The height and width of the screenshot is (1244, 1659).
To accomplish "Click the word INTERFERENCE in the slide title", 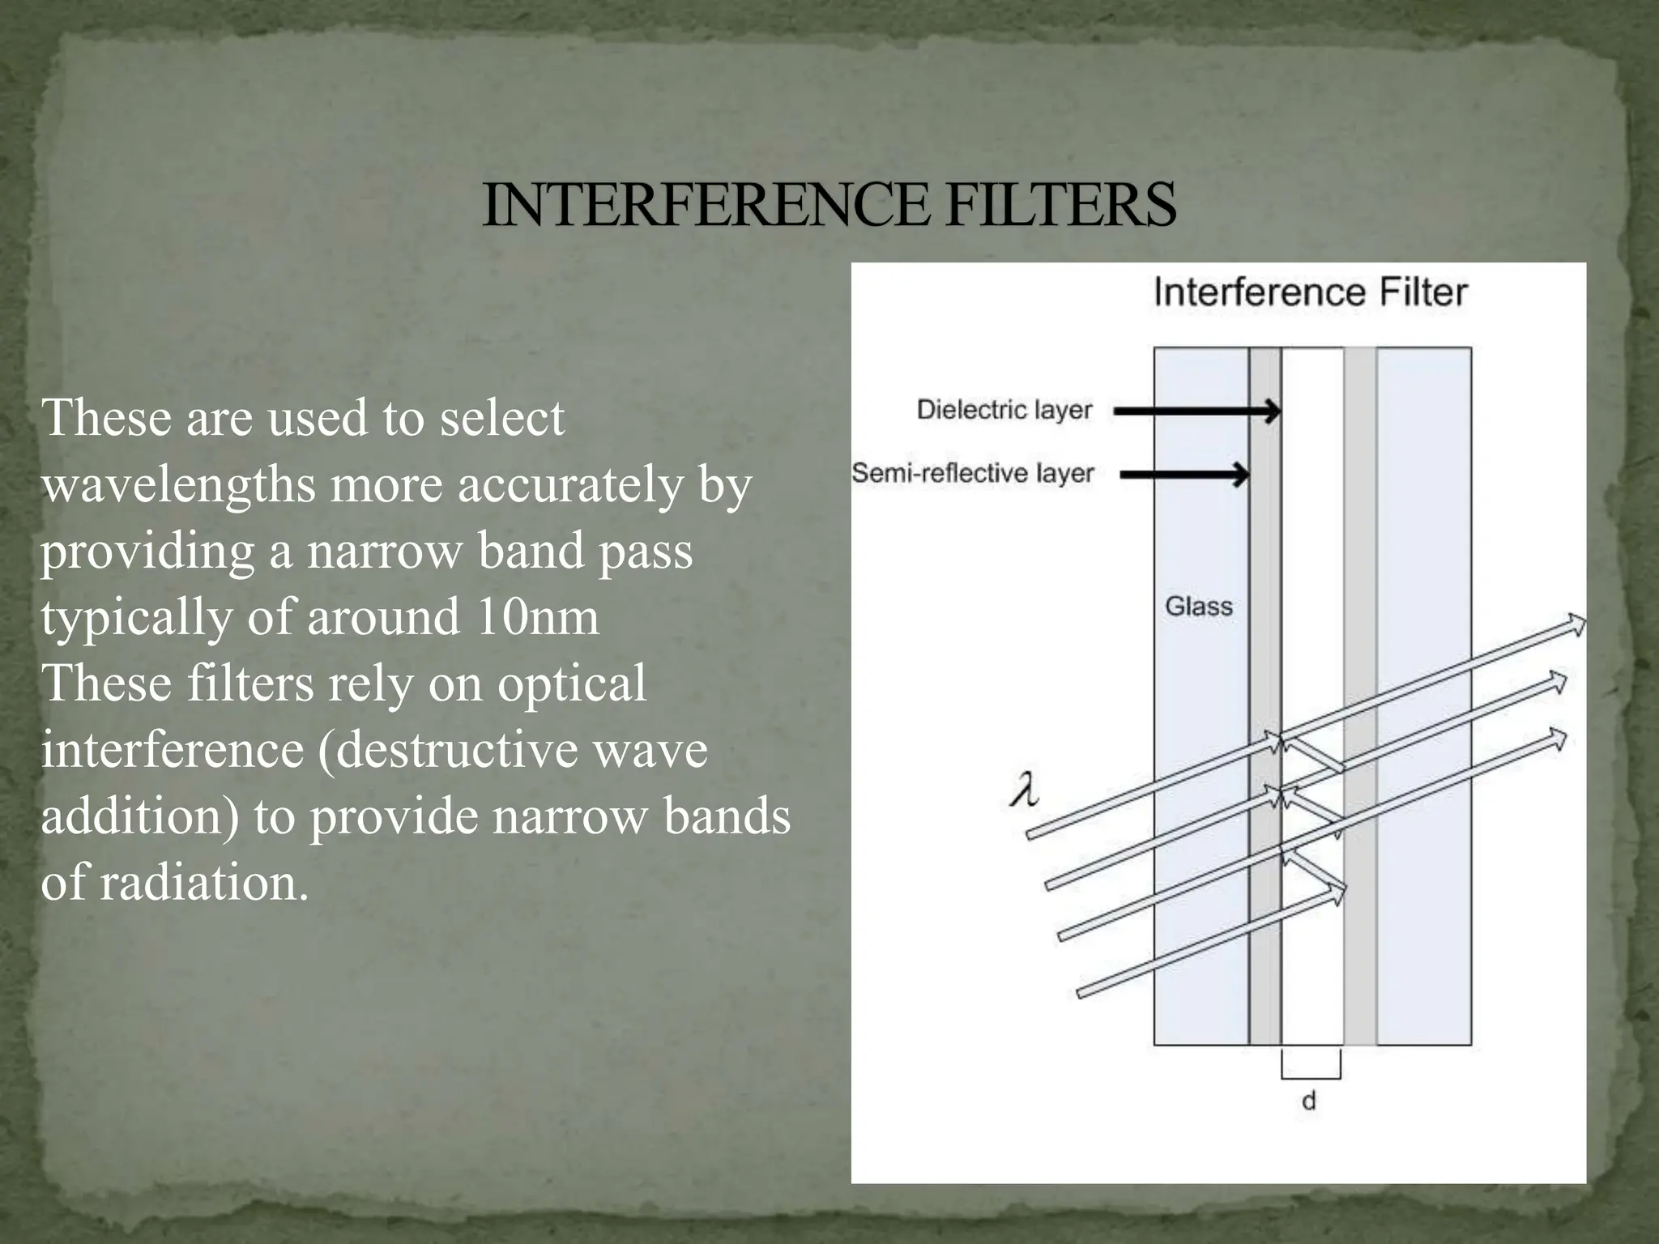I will tap(705, 204).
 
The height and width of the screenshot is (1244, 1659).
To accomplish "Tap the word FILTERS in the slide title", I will tap(1060, 204).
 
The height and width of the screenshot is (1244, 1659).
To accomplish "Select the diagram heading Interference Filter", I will tap(1310, 292).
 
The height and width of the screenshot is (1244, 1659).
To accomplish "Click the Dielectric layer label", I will tap(1004, 410).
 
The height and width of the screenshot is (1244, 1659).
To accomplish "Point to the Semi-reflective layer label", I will tap(972, 473).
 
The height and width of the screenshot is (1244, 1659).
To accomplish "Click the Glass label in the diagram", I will tap(1198, 606).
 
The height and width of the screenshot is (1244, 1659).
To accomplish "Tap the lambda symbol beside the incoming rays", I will tap(1025, 790).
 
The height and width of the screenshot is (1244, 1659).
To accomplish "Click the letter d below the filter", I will tap(1308, 1101).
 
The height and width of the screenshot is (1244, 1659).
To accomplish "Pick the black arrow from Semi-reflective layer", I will tap(1184, 474).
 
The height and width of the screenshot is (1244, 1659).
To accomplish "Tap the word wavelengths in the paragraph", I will tap(178, 484).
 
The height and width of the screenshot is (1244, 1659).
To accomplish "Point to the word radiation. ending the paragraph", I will tap(204, 882).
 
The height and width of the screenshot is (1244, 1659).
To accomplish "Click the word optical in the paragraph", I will tap(571, 683).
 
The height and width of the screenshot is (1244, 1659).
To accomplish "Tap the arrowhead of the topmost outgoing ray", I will tap(1576, 624).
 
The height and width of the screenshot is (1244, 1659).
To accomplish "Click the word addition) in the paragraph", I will tap(140, 816).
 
